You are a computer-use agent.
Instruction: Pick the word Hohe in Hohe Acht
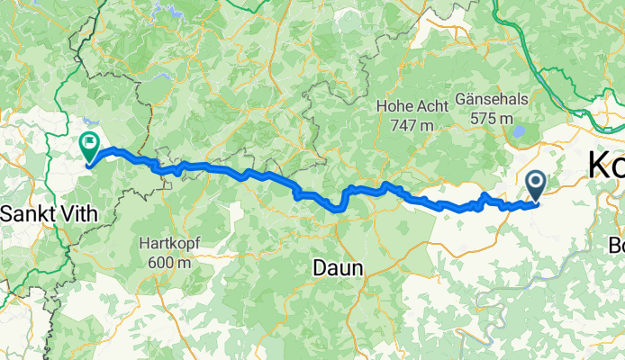tap(394, 106)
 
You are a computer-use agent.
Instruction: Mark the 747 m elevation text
tap(412, 125)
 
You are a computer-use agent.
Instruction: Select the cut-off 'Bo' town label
tap(616, 245)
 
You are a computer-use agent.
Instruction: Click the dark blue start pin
tap(535, 185)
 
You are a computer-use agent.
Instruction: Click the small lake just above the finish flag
tap(86, 126)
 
